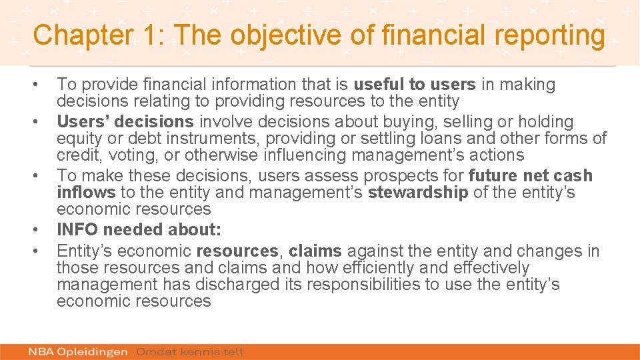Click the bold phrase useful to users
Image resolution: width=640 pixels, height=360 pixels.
(x=414, y=85)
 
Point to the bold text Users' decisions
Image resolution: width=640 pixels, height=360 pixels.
(x=125, y=122)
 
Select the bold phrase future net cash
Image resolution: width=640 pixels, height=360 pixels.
(x=531, y=176)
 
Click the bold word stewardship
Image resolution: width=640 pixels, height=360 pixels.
(x=418, y=193)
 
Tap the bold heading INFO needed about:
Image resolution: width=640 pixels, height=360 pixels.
(x=139, y=230)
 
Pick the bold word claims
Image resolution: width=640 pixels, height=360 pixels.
(x=315, y=251)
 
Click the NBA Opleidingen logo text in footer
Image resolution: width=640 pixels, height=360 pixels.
(x=79, y=351)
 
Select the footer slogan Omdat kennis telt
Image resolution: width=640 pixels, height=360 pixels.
(x=190, y=351)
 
